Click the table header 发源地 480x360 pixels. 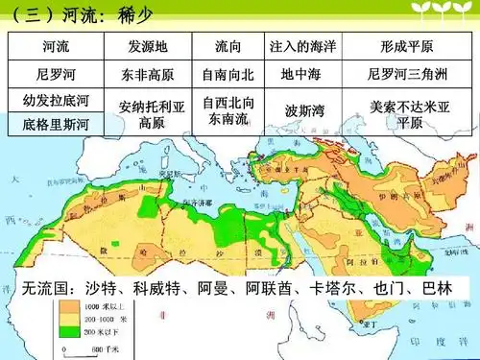point(149,46)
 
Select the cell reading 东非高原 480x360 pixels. point(149,73)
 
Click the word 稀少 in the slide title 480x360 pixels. point(136,14)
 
